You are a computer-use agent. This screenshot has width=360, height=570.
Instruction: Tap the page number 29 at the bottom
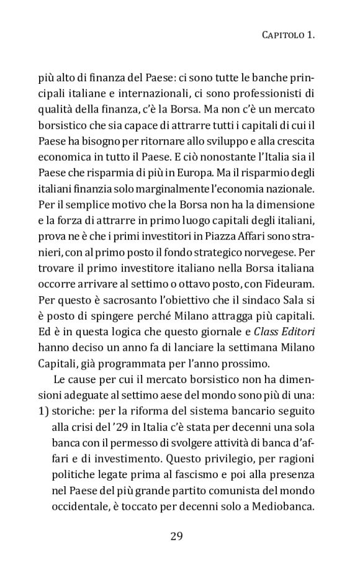pyautogui.click(x=176, y=535)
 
